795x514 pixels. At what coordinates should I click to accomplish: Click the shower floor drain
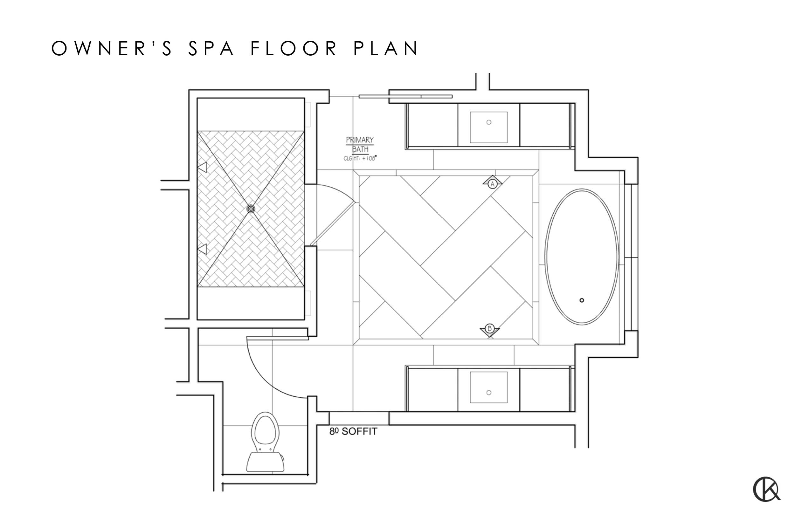(x=250, y=209)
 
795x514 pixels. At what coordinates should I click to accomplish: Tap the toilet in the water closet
(x=266, y=442)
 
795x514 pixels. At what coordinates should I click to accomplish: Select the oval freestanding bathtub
(x=581, y=257)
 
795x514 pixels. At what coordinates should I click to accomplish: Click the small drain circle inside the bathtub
(x=582, y=300)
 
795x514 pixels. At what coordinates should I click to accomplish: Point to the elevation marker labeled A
(x=492, y=183)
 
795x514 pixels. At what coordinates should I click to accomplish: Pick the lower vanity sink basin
(x=489, y=387)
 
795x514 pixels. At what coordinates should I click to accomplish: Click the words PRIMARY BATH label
(x=360, y=144)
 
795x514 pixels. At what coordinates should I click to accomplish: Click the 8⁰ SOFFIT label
(x=353, y=432)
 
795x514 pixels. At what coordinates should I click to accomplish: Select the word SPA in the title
(x=211, y=48)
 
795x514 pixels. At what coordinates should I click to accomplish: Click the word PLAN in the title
(x=386, y=48)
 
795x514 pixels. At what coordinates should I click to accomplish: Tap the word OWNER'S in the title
(x=112, y=48)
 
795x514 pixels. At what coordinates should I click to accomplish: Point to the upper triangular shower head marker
(x=202, y=167)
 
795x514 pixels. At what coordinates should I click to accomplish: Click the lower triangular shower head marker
(x=202, y=249)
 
